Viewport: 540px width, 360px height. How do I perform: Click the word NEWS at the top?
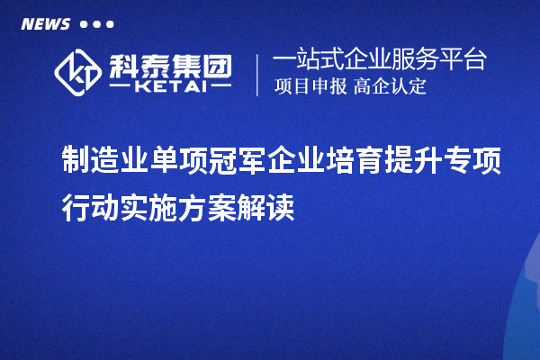click(46, 23)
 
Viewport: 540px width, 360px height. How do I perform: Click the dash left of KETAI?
click(121, 89)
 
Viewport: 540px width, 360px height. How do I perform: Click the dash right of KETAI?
click(216, 89)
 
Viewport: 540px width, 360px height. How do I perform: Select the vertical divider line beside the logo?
click(258, 74)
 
